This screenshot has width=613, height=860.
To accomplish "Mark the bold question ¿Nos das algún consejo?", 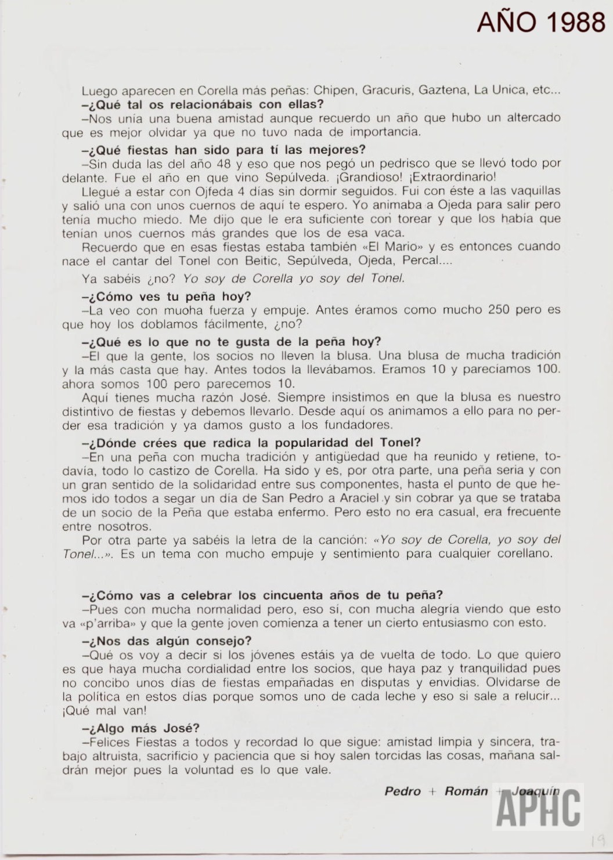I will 167,641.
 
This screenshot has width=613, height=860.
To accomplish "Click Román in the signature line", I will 466,792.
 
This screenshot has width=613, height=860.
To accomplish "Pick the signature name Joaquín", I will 536,792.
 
